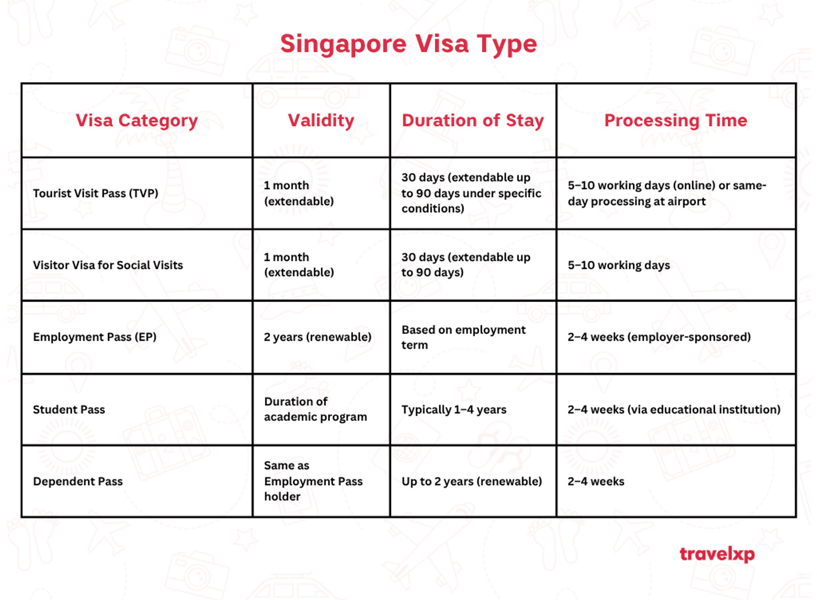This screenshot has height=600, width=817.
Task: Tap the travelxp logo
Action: tap(717, 554)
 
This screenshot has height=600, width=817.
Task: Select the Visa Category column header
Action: tap(137, 121)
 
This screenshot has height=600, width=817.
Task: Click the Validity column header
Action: tap(321, 121)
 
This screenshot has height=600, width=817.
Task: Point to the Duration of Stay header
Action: tap(473, 121)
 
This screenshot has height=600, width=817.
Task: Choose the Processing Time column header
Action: tap(676, 120)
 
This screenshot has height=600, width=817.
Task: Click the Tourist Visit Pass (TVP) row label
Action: tap(96, 193)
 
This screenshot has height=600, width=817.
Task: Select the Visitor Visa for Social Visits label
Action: tap(108, 265)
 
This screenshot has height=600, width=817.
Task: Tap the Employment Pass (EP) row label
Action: tap(95, 337)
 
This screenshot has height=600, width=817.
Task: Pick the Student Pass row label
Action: tap(69, 409)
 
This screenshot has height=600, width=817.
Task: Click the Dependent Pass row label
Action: tap(78, 481)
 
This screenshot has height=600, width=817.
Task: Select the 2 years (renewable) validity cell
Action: tap(317, 337)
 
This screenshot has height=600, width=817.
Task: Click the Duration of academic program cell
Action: tap(315, 409)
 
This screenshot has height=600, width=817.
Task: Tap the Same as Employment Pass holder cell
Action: tap(313, 481)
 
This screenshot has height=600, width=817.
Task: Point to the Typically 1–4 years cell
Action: tap(454, 409)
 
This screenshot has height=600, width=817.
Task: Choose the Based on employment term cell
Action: tap(464, 337)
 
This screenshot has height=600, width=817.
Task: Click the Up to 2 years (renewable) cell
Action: tap(472, 481)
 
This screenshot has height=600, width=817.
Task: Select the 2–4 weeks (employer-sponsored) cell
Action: tap(659, 337)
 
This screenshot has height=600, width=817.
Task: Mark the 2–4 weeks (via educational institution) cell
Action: tap(674, 409)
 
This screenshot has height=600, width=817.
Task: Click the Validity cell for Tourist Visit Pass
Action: tap(299, 193)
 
